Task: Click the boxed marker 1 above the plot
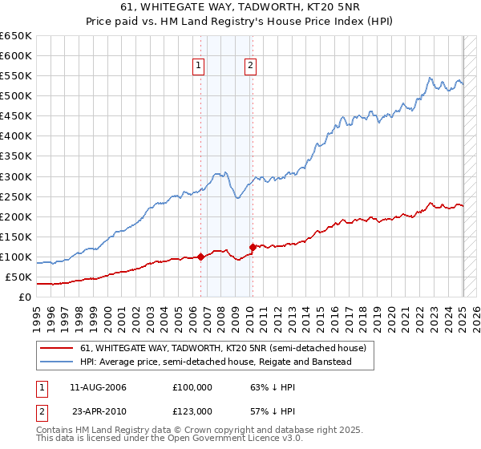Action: (x=198, y=67)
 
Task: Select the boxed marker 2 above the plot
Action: (x=251, y=67)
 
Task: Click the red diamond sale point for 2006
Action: (x=200, y=257)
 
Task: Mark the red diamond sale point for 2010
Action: (x=253, y=247)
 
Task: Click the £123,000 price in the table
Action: (x=193, y=411)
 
